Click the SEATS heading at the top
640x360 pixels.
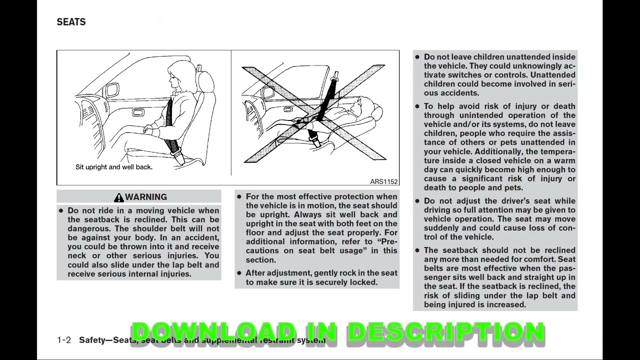[x=71, y=22]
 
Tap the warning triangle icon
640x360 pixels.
[x=118, y=197]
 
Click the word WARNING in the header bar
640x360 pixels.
[x=146, y=197]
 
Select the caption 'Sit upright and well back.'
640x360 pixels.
[x=114, y=167]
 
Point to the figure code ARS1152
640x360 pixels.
[x=383, y=181]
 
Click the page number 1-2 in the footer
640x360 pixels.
[x=64, y=340]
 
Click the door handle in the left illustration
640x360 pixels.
[x=138, y=112]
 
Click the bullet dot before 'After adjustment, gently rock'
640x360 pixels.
[x=239, y=273]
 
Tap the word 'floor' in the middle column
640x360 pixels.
[x=255, y=232]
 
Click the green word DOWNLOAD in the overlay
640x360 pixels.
[x=213, y=332]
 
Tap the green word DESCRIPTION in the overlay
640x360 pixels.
[x=445, y=332]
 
